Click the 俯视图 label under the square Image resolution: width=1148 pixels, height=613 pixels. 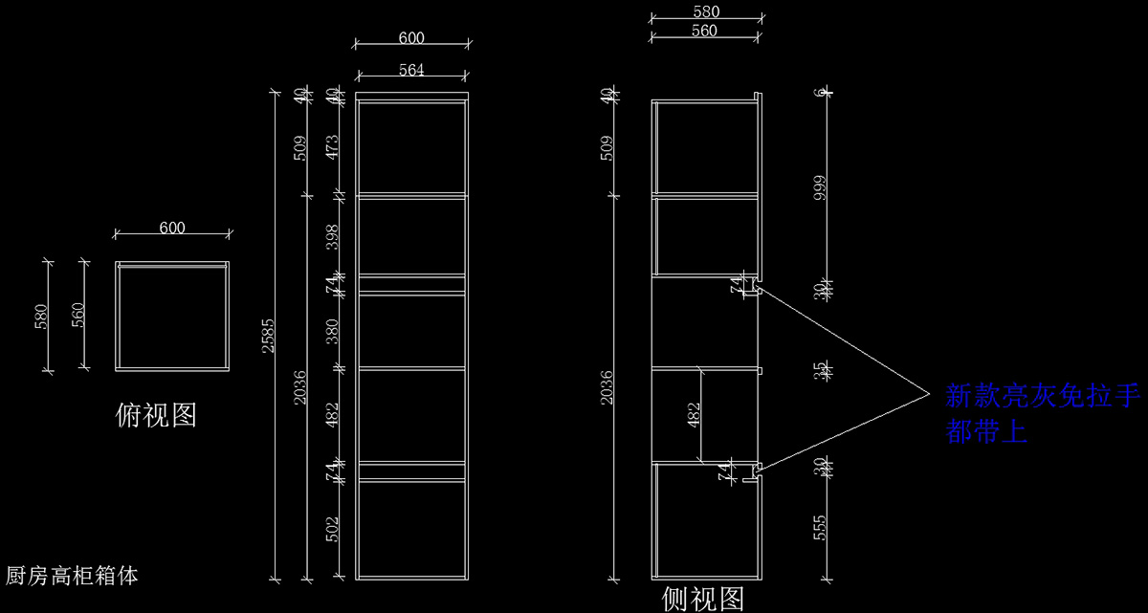tap(156, 414)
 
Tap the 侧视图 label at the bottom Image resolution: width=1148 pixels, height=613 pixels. tap(703, 599)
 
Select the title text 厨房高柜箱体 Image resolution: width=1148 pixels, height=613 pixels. tap(73, 576)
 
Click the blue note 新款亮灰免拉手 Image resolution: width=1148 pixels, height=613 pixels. tap(1043, 396)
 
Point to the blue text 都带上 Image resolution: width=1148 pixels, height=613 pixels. tap(986, 432)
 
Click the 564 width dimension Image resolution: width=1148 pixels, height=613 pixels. tap(411, 69)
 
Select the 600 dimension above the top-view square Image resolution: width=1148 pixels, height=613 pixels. tap(172, 228)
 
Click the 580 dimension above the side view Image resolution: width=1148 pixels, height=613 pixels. tap(705, 11)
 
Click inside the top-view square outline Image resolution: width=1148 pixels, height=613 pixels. tap(172, 316)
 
